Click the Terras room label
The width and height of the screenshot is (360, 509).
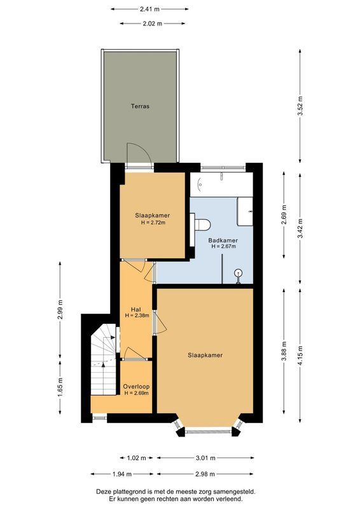tap(140, 106)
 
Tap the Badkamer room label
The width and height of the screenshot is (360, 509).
tap(223, 240)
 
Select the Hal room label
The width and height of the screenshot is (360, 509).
tap(135, 309)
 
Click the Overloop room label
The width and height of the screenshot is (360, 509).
tap(136, 386)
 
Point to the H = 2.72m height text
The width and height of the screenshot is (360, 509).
tap(153, 223)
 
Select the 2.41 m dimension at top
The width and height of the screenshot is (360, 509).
tap(149, 10)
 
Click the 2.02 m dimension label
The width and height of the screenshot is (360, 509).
tap(149, 23)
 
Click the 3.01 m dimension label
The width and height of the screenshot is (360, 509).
tap(205, 457)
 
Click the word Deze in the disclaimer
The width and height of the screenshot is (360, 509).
tap(107, 492)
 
